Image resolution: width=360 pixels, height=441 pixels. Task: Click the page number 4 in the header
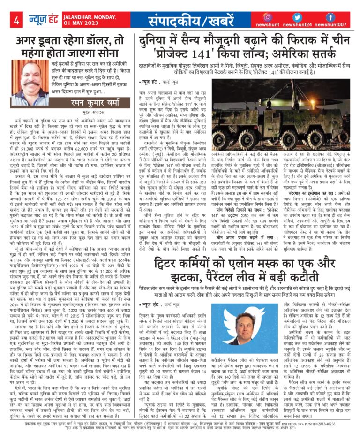[x=17, y=21]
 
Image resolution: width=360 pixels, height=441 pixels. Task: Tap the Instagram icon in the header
[x=281, y=17]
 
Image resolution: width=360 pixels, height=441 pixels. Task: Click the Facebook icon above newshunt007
[x=331, y=17]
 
